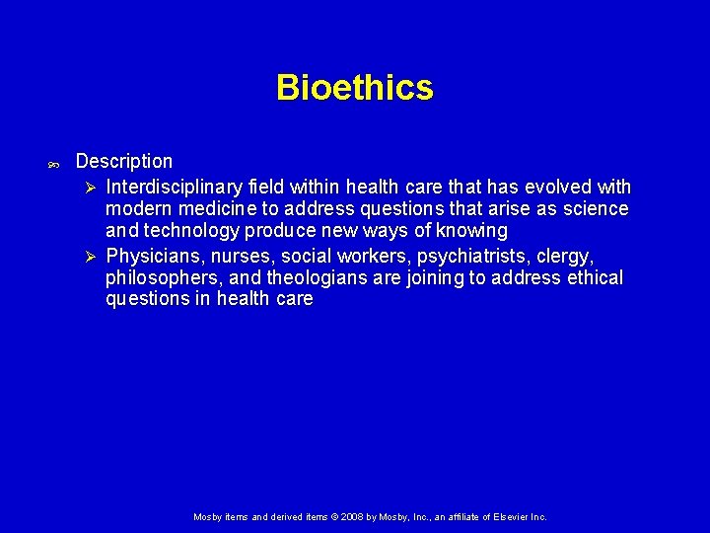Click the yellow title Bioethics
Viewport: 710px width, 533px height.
coord(354,88)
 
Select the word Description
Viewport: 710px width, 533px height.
coord(123,161)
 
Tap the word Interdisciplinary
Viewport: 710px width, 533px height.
coord(174,187)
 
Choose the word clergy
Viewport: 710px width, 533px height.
coord(564,256)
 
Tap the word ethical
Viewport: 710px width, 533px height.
coord(595,277)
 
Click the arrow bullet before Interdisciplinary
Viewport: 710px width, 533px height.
coord(89,188)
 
